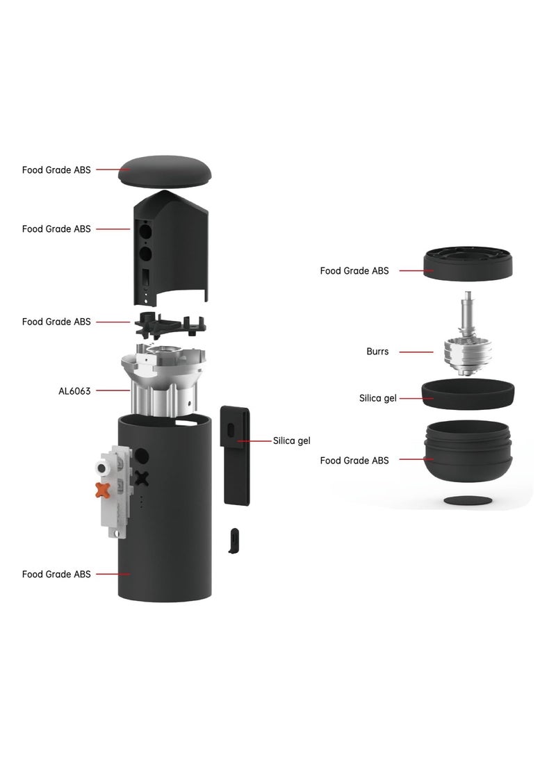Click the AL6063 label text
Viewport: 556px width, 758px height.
tap(74, 391)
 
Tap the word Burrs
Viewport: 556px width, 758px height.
tap(377, 352)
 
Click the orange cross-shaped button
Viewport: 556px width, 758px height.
tap(102, 490)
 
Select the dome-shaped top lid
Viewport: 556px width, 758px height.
tap(165, 172)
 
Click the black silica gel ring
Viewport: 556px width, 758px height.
tap(468, 395)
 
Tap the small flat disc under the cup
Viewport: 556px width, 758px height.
tap(468, 500)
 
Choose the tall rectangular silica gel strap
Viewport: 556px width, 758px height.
tap(236, 455)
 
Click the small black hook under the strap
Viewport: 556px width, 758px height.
tap(234, 541)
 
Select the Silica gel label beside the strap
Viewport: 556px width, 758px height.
tap(291, 441)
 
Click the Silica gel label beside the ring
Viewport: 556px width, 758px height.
tap(377, 398)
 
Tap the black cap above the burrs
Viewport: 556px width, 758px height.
tap(468, 263)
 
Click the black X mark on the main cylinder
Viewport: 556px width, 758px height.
tap(142, 478)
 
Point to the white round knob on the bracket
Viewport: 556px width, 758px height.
tap(102, 468)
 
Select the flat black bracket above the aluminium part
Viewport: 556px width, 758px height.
tap(170, 324)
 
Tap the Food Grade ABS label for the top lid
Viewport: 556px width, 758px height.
tap(56, 170)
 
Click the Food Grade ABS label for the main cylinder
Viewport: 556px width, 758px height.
tap(56, 575)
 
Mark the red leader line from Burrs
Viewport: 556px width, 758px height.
tap(416, 352)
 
